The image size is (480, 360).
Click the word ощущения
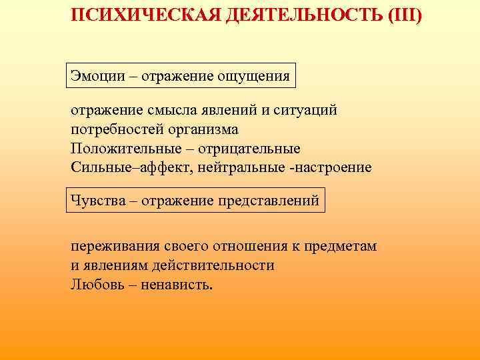(256, 76)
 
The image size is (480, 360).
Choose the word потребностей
(113, 129)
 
